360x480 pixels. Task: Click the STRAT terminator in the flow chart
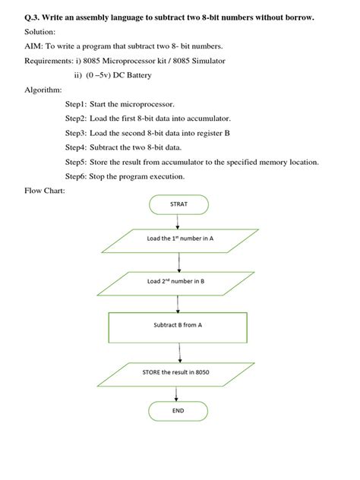click(178, 204)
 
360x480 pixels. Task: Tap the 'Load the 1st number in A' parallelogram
click(180, 238)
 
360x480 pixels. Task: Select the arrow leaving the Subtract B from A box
click(180, 352)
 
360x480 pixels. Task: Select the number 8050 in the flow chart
click(200, 373)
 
